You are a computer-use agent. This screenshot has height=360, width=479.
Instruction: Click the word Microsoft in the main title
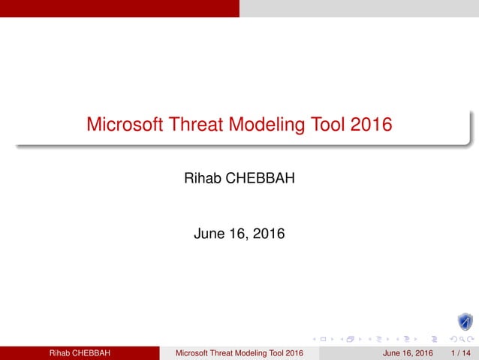[122, 124]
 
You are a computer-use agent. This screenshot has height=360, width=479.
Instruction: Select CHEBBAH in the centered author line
[259, 180]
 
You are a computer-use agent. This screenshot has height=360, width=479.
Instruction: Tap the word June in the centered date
[209, 234]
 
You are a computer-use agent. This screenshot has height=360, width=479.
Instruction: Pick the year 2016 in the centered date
[267, 234]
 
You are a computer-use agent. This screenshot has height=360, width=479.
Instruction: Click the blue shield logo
[465, 322]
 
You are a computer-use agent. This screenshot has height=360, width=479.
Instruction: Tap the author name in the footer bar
[80, 353]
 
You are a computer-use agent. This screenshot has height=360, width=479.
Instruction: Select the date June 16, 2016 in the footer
[408, 353]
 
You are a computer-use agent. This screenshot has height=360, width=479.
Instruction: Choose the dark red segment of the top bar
[120, 8]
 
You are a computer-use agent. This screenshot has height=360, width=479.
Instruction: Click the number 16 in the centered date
[238, 234]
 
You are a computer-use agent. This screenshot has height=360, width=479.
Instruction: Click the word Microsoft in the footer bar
[193, 353]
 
